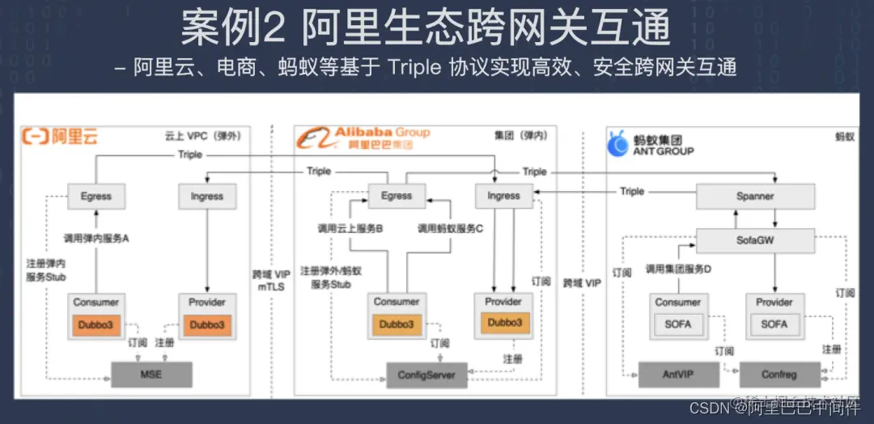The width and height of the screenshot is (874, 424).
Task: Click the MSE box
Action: coord(151,374)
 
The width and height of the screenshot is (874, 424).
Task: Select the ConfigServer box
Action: coord(426,375)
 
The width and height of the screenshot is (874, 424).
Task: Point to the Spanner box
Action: coord(755,196)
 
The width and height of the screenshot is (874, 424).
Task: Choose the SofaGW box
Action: coord(755,240)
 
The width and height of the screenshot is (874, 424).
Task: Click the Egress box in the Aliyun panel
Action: coord(95,196)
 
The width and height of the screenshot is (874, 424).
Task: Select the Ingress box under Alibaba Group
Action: coord(503,195)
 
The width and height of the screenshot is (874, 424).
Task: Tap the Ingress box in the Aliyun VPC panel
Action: coord(206,196)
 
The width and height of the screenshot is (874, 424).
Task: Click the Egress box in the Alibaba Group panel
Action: coord(397,195)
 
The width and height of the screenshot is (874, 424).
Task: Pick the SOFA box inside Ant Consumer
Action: coord(677,324)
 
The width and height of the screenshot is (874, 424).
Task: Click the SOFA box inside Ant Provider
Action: coord(774,324)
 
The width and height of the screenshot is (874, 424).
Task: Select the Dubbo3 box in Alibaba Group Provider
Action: coord(503,322)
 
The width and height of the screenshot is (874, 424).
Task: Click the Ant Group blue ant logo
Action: coord(619,144)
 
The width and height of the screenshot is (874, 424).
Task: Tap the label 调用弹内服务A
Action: coord(96,239)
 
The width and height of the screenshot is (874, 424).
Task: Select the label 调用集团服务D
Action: coord(678,268)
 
